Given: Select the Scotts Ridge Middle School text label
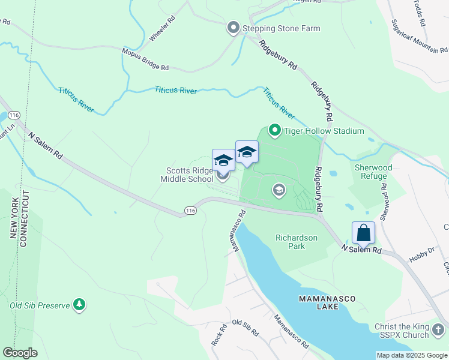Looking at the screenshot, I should [x=186, y=175].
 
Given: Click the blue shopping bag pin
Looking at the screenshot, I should [x=363, y=232].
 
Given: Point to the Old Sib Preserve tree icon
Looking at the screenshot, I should [x=79, y=305].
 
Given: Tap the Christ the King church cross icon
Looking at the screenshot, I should [x=438, y=330].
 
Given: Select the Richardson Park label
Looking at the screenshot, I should [x=296, y=242].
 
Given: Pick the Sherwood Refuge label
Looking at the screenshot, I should [x=373, y=172].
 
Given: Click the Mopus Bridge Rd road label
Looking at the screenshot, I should [x=146, y=59].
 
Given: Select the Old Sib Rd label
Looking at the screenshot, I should [x=245, y=327].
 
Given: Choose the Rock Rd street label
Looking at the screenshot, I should [x=218, y=335].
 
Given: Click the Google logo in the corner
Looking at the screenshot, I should [x=20, y=353].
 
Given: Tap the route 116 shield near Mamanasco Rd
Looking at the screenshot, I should [x=190, y=211].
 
